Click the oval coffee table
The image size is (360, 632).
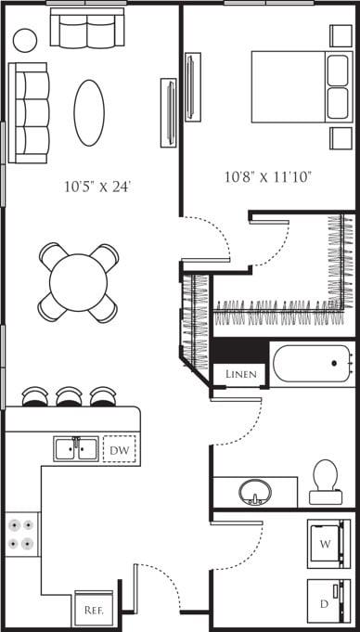point(89,112)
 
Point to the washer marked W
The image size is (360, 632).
point(326,541)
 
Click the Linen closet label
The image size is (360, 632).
point(240,374)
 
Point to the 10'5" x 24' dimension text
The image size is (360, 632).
point(97,187)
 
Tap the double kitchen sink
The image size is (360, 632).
point(76,449)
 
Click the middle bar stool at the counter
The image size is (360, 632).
point(70,397)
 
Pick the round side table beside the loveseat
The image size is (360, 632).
point(25,40)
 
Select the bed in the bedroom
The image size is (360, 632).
point(299,85)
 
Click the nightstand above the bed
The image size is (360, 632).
point(341,36)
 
